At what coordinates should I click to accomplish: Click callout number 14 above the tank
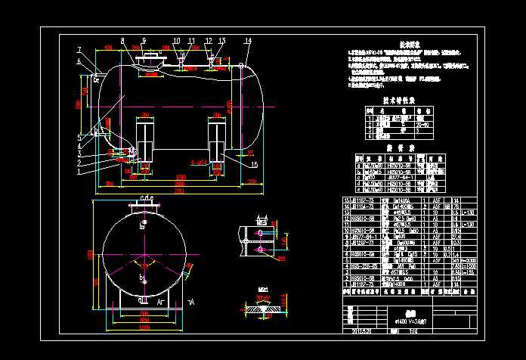coord(248,40)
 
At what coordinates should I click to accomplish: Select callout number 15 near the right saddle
coord(253,164)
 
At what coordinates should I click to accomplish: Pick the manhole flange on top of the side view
coord(152,57)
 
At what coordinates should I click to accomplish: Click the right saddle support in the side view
coord(218,139)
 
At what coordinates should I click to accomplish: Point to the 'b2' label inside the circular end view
coord(143,225)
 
